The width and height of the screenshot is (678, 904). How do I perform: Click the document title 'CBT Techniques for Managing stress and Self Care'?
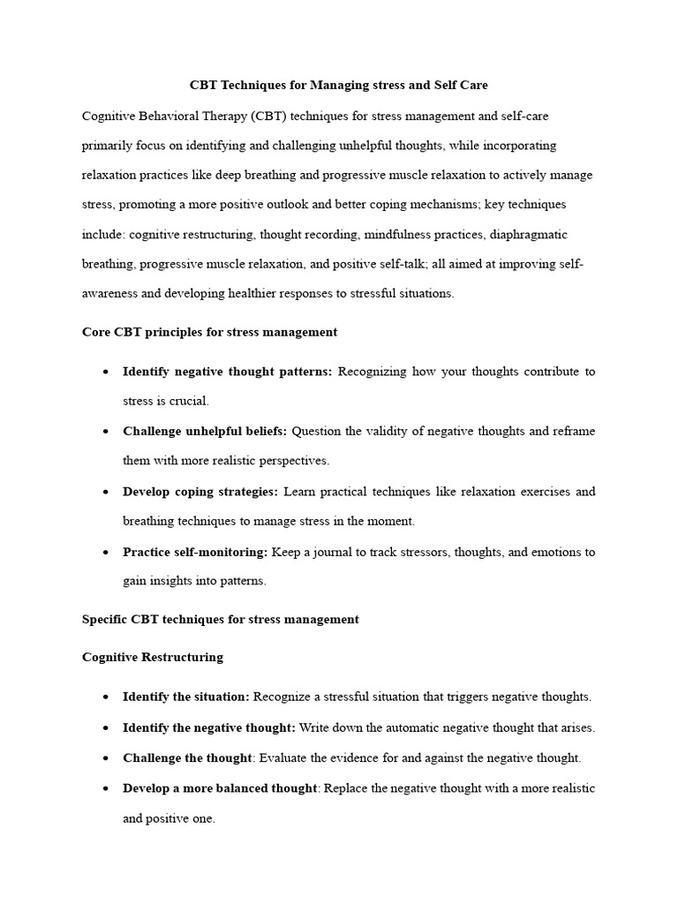click(x=339, y=86)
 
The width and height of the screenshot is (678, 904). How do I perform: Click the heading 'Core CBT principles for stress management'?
click(x=209, y=332)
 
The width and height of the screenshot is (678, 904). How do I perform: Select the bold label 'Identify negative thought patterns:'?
click(x=227, y=372)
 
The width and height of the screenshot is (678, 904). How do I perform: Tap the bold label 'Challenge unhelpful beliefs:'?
click(x=205, y=431)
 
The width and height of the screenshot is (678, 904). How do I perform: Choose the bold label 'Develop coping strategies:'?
click(x=200, y=491)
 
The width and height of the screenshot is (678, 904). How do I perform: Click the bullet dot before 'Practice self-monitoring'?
click(x=105, y=553)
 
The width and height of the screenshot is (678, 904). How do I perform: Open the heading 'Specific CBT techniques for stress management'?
click(x=220, y=619)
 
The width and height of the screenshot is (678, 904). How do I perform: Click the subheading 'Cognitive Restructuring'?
click(x=152, y=657)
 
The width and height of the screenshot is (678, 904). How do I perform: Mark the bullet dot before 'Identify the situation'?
click(x=105, y=697)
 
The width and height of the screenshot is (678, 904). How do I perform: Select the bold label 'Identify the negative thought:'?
click(x=209, y=727)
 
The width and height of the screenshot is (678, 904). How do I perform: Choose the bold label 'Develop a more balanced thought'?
click(x=220, y=787)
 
